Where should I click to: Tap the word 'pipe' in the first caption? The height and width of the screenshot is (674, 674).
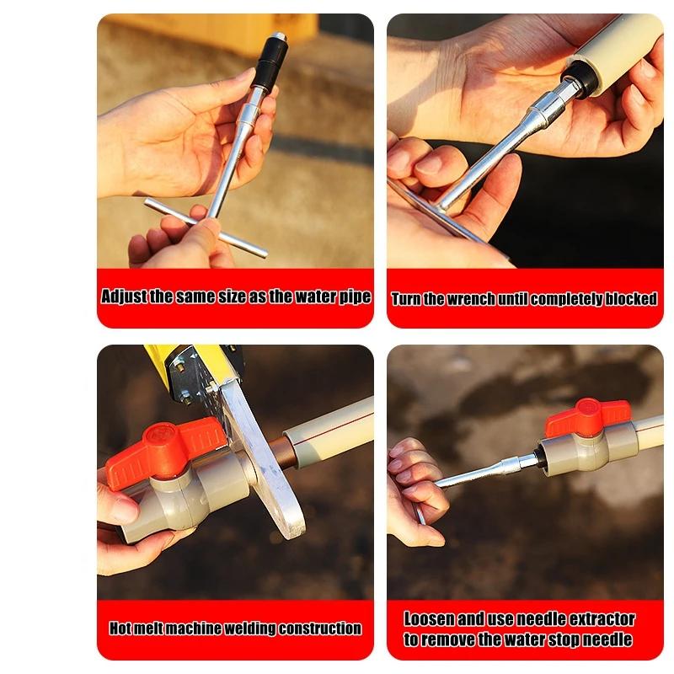coord(355,297)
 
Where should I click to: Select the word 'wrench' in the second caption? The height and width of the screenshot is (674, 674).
coord(471,299)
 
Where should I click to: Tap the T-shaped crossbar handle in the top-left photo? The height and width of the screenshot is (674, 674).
coord(205,227)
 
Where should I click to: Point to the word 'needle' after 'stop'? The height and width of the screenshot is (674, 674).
coord(610,639)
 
